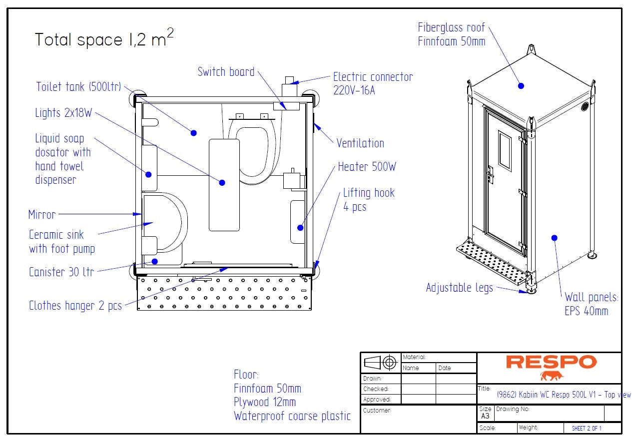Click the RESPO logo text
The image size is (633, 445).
551,362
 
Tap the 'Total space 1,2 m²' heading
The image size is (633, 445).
104,39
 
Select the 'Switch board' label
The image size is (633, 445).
226,71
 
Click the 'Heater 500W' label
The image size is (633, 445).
367,167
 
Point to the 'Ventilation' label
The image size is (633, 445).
360,143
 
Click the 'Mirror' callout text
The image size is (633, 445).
42,215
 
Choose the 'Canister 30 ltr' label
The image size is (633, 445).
61,272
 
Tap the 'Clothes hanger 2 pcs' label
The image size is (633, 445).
75,306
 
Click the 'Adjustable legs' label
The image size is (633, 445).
459,288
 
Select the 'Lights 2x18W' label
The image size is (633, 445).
63,113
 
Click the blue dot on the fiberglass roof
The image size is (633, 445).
521,86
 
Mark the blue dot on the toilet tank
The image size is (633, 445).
193,133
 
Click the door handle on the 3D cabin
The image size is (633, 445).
491,174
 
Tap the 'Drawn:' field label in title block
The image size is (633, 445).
372,379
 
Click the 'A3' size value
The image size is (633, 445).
485,416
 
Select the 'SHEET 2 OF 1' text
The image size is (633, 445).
587,429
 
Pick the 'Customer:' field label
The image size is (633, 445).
377,411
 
